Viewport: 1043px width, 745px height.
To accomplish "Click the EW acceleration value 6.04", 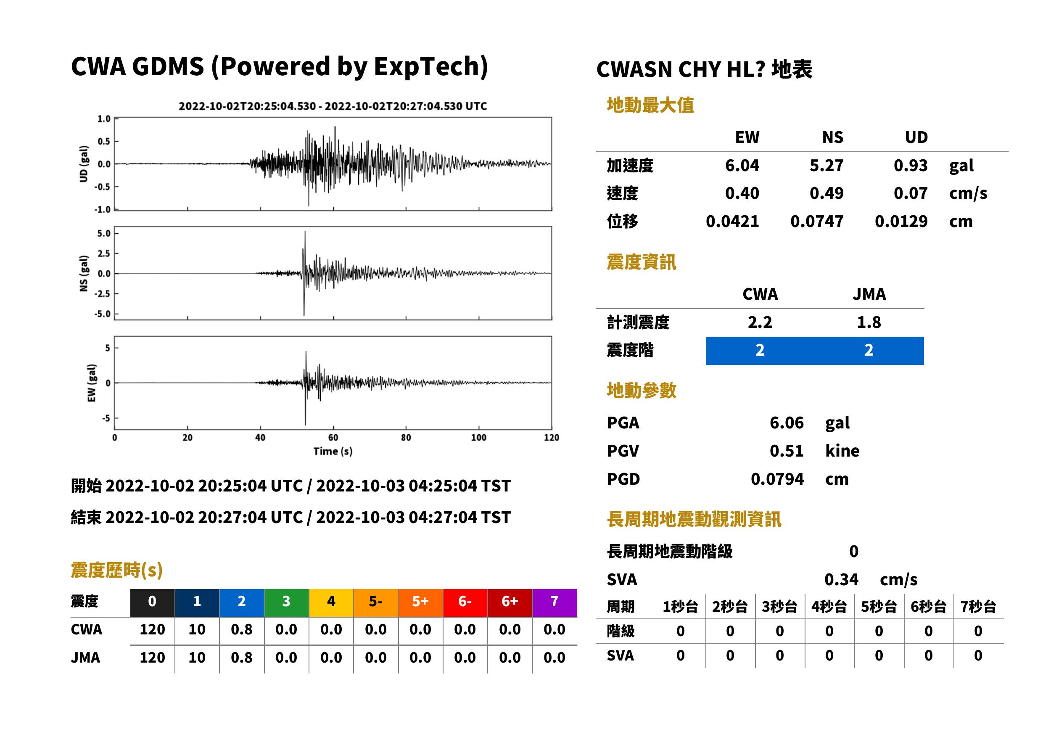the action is tap(742, 165).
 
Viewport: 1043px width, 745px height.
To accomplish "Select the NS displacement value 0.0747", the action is tap(816, 221).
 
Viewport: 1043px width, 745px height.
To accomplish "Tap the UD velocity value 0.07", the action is tap(911, 193).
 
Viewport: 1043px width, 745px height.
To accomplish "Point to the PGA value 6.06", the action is tap(787, 423).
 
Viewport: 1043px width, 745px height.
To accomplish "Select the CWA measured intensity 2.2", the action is tap(760, 322).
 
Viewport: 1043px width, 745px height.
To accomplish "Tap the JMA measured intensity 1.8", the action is tap(869, 322).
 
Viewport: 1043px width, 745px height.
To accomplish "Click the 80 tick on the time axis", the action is tap(406, 438).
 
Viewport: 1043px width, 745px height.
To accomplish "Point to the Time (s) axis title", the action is tap(333, 452).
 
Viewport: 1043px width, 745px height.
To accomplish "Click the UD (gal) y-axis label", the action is tap(84, 164).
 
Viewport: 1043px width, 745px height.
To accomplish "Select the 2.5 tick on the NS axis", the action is tap(104, 253).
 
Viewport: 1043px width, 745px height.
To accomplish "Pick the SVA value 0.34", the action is tap(841, 579).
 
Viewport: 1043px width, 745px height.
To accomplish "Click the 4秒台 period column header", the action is tap(829, 606).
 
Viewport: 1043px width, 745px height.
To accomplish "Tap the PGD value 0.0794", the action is tap(777, 479).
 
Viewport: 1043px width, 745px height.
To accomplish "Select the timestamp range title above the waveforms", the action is tap(333, 106).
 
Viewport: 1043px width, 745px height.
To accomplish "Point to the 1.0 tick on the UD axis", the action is tap(104, 119).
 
